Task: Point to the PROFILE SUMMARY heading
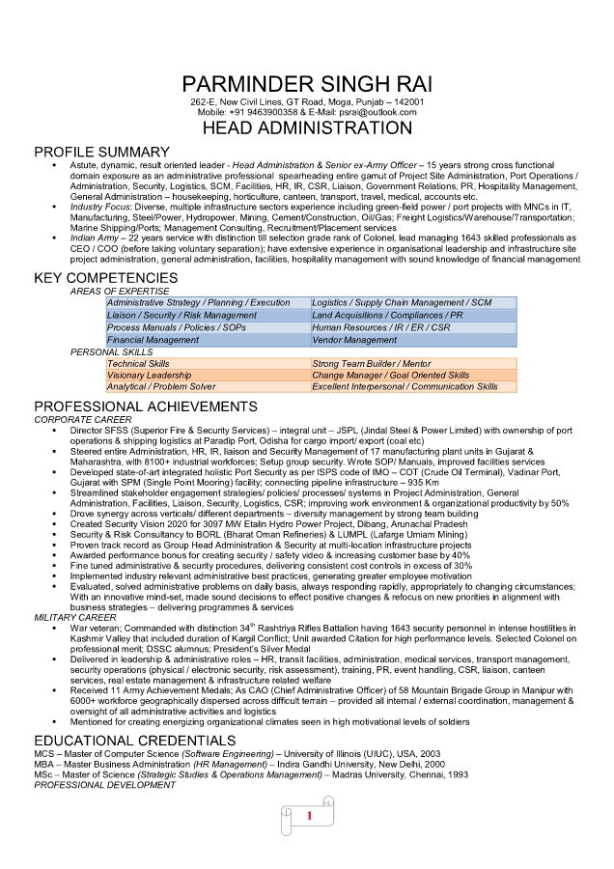(101, 153)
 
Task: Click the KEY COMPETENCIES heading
(106, 278)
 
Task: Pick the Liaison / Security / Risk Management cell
(182, 316)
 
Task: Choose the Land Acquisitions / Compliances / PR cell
(387, 316)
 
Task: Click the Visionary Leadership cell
(150, 375)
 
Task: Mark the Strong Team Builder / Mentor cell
(371, 363)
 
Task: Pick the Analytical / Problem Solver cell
(161, 387)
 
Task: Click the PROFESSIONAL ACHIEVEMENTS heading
(146, 406)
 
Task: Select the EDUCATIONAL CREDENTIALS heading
(134, 741)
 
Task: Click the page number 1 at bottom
(308, 817)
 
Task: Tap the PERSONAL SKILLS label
(111, 351)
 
